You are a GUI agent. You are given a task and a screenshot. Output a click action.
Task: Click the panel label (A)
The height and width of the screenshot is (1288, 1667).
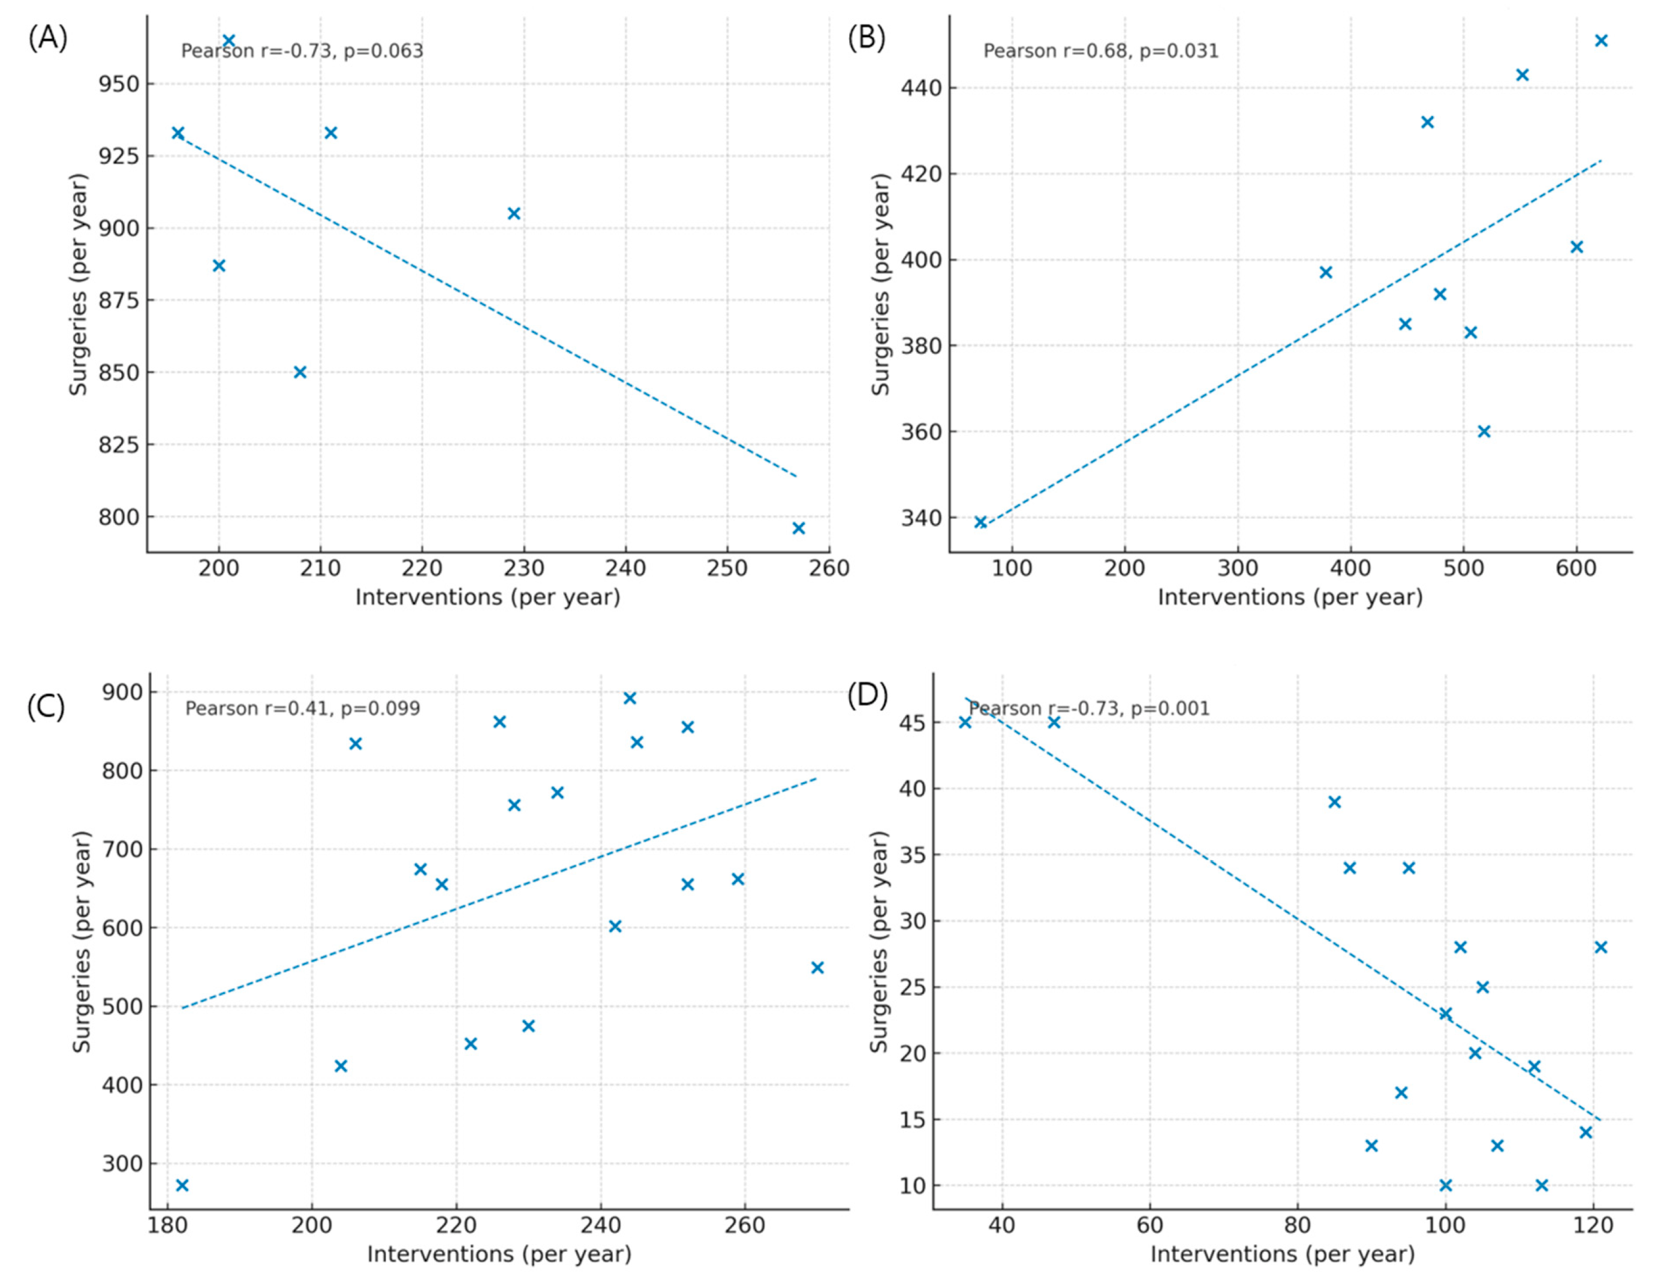coord(47,37)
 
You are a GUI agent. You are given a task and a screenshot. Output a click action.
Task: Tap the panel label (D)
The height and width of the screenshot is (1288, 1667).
coord(867,695)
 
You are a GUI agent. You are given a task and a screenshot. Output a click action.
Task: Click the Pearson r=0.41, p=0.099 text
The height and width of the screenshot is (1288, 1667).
coord(302,708)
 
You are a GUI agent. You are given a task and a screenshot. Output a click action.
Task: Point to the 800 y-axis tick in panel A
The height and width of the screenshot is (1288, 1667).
coord(119,517)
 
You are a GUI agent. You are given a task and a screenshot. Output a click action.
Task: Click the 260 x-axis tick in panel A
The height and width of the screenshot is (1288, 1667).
coord(829,568)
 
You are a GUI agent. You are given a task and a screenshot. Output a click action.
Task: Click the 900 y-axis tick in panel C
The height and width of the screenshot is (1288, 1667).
coord(122,692)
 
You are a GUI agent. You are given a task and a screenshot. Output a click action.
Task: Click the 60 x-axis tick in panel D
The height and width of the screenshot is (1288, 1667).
coord(1150,1226)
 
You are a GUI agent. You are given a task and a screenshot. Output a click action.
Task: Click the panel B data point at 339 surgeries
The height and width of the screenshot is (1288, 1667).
coord(981,523)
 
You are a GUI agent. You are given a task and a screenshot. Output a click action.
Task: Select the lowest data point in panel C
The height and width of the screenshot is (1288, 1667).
coord(182,1185)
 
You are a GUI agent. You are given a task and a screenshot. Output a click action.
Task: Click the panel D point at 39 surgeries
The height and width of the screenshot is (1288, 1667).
coord(1334,801)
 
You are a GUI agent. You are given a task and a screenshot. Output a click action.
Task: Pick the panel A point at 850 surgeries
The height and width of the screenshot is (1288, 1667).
coord(300,372)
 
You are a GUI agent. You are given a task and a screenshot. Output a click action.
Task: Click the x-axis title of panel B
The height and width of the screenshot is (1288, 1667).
coord(1290,597)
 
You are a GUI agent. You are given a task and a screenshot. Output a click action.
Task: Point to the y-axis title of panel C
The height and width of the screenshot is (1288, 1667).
coord(81,941)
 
